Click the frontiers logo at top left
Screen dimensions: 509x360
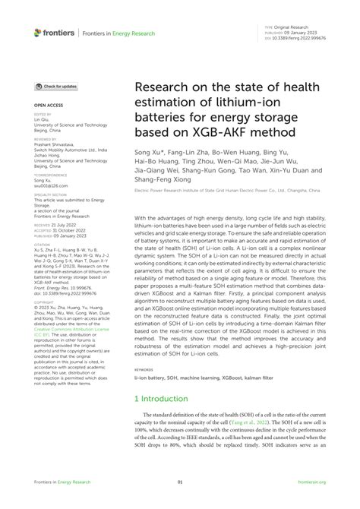coord(56,32)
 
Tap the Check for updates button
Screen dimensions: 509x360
coord(54,87)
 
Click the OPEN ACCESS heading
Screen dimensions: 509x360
coord(49,106)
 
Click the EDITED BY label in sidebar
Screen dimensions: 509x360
coord(43,115)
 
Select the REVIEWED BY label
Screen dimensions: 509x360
coord(46,140)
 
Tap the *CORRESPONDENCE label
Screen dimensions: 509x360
coord(50,174)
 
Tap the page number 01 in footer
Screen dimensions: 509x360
coord(180,482)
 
